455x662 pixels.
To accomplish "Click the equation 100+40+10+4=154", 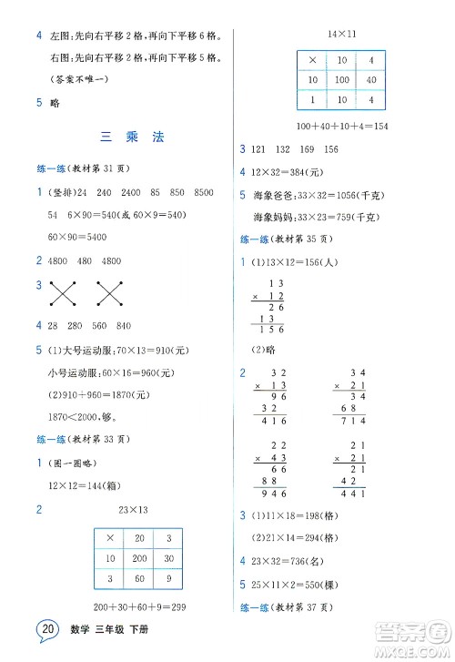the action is pos(342,125).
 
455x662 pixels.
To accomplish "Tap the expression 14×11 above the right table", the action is pos(342,35).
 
